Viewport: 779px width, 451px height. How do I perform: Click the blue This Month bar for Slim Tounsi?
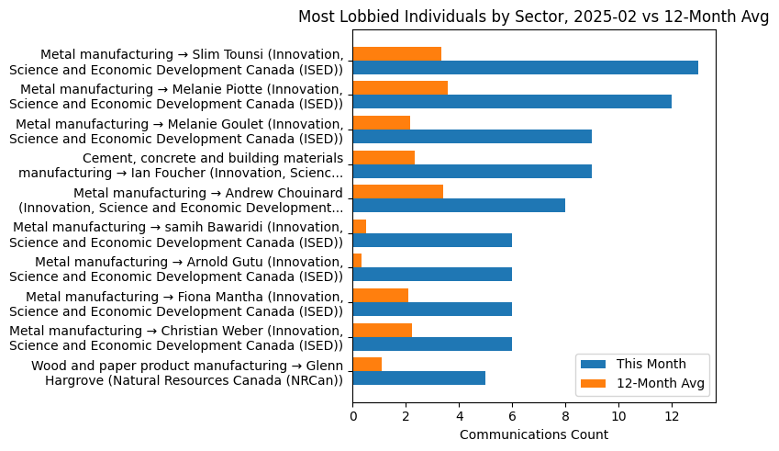[x=525, y=68]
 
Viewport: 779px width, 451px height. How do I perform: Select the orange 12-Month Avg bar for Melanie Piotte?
[x=400, y=88]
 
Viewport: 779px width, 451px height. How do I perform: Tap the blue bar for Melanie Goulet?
[x=472, y=137]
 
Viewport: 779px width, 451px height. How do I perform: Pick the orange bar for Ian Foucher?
[x=384, y=157]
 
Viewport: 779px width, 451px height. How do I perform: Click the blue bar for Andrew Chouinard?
[x=459, y=206]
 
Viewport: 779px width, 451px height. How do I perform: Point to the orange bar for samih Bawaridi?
[x=360, y=226]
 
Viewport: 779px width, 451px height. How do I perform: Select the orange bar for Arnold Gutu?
[x=357, y=261]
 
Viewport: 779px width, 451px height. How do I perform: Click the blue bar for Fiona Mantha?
[x=432, y=310]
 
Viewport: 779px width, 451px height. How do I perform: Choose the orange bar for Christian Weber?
[x=382, y=330]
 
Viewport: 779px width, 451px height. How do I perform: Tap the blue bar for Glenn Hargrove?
[x=418, y=378]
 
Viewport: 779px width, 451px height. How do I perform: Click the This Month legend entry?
[x=650, y=363]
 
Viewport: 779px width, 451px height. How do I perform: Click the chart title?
[x=533, y=17]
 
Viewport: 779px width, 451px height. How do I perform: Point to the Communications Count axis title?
[x=533, y=434]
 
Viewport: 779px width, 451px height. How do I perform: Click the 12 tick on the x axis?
[x=672, y=416]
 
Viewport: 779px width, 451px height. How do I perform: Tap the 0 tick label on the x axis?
[x=353, y=416]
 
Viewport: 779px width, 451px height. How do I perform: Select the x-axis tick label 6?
[x=512, y=416]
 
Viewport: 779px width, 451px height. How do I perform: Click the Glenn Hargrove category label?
[x=187, y=373]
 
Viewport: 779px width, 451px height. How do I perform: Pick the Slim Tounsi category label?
[x=176, y=62]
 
